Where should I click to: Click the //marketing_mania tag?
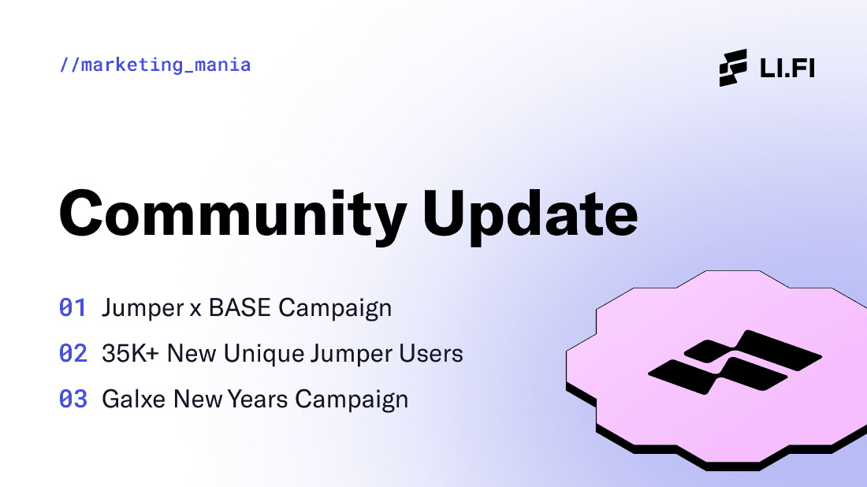155,65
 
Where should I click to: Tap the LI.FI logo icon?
732,68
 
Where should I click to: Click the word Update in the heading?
530,213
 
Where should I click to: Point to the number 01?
73,307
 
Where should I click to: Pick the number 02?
73,354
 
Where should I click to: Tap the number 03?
73,400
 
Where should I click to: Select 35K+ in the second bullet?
128,354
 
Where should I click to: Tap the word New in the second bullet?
190,354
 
